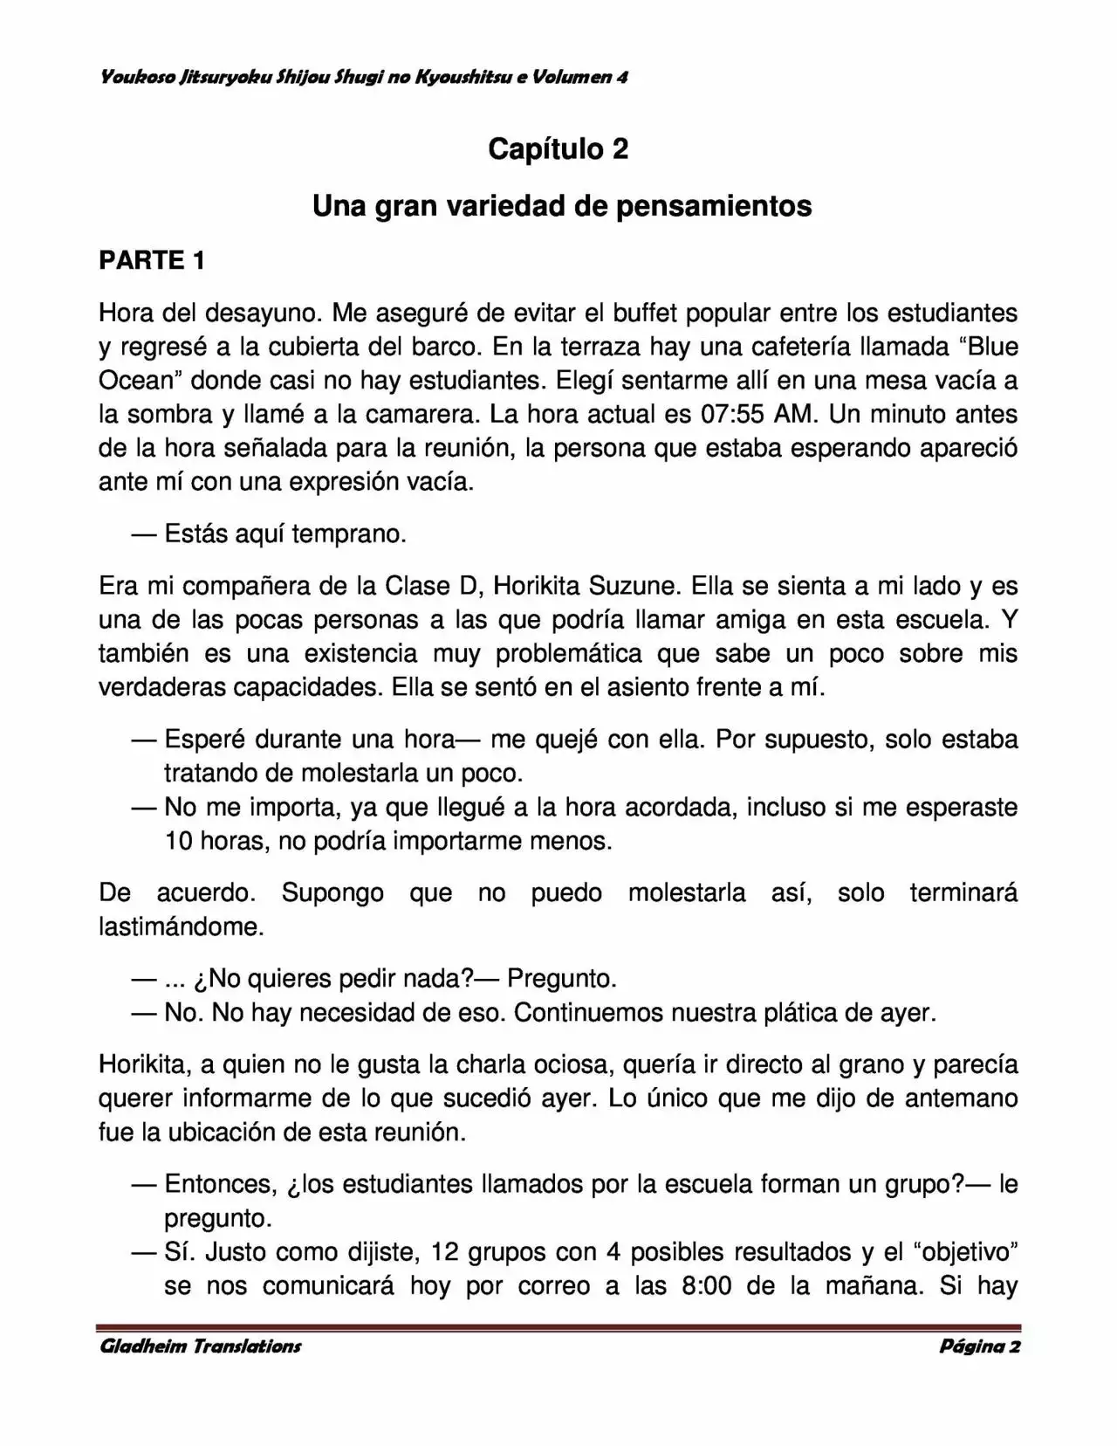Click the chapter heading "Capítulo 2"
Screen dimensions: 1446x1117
[x=558, y=149]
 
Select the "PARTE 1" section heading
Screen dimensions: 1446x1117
[x=153, y=260]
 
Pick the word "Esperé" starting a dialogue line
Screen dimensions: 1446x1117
[x=205, y=739]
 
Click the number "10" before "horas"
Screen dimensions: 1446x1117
[x=178, y=841]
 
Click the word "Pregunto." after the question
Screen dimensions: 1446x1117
[x=562, y=978]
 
